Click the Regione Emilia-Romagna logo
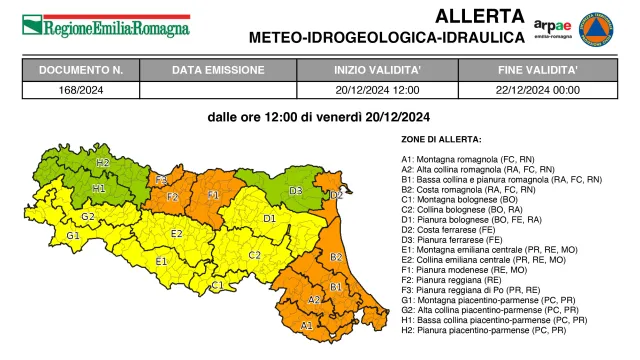coord(105,25)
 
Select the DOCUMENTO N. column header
coord(81,71)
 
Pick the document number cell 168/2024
coord(81,89)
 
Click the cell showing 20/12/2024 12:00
coord(376,89)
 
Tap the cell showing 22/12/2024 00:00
coord(538,89)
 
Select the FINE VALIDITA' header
coord(538,71)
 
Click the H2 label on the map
coord(102,162)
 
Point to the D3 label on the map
coord(296,190)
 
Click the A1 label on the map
coord(307,325)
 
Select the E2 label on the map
coord(176,234)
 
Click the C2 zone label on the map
coord(254,255)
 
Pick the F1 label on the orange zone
coord(214,195)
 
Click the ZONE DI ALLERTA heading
coord(441,139)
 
